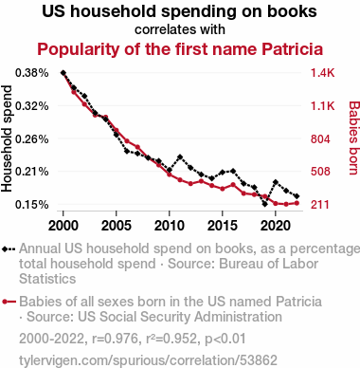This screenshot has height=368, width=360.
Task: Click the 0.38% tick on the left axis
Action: (31, 73)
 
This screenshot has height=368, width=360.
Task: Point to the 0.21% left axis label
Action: (31, 172)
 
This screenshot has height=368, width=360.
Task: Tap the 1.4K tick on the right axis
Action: (322, 73)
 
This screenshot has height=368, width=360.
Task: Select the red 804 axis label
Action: (320, 139)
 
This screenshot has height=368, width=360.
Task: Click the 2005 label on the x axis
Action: (117, 226)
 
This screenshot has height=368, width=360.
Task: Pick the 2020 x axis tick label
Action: (276, 226)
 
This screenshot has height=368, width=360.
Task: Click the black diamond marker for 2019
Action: (265, 204)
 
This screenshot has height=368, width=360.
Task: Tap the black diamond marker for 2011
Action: (180, 156)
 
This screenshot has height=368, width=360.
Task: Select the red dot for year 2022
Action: (297, 203)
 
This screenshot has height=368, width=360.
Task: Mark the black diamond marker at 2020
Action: (276, 182)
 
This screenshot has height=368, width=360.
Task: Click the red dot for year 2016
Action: (233, 184)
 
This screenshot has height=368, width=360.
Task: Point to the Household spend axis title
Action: (7, 138)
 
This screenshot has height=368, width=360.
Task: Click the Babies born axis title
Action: (354, 138)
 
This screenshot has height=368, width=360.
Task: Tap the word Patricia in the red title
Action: (292, 49)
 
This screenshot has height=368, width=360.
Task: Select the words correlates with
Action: (180, 29)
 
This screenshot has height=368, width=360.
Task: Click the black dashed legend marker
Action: (9, 249)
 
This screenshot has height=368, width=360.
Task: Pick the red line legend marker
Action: (9, 302)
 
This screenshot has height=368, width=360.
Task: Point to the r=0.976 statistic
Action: (116, 339)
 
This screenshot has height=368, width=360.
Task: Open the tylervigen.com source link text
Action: (148, 360)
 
